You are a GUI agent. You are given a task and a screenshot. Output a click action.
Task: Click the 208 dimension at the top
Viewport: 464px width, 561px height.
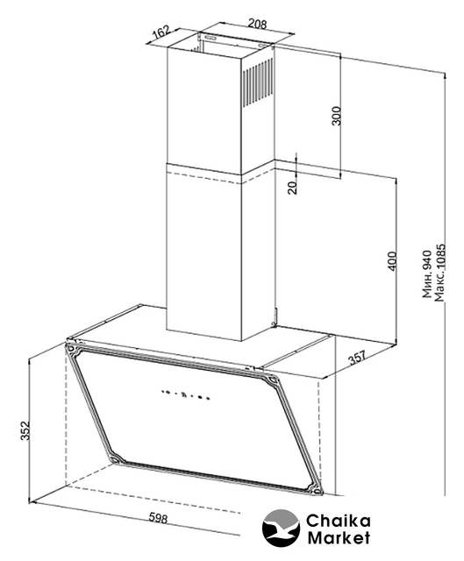point(257,24)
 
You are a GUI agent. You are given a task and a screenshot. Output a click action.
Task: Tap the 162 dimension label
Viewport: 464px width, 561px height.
point(161,32)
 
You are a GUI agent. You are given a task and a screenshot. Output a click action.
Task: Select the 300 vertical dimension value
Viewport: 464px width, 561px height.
point(337,116)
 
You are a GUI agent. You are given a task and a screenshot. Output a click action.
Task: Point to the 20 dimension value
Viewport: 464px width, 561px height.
point(293,188)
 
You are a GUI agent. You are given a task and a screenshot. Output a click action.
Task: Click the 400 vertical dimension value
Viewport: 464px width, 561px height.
point(392,261)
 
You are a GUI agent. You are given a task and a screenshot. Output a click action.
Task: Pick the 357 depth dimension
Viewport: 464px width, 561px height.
point(357,358)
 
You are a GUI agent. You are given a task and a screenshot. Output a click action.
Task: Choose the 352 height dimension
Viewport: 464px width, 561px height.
point(25,430)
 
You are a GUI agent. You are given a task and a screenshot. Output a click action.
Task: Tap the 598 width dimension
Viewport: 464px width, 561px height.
point(158,517)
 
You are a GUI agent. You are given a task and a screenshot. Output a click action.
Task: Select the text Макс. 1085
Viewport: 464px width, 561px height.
point(439,273)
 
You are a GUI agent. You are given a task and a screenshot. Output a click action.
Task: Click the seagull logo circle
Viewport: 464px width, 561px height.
point(281,528)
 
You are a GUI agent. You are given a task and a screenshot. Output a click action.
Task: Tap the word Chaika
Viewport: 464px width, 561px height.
point(338,521)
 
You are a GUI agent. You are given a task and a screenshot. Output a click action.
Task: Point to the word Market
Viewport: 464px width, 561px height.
point(339,537)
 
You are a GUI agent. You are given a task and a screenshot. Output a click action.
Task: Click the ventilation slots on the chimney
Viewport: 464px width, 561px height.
point(257,83)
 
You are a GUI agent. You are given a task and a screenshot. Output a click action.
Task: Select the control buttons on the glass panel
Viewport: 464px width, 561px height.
point(185,394)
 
